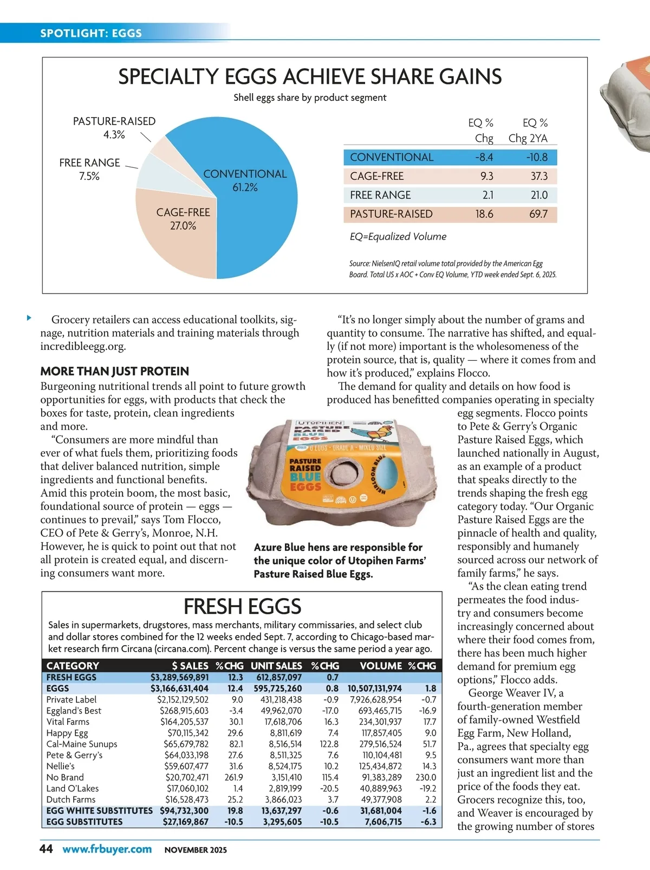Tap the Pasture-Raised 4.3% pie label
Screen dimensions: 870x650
114,128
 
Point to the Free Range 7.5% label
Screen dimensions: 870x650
89,169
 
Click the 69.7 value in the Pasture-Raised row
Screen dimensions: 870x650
538,214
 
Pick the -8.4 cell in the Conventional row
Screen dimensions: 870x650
484,157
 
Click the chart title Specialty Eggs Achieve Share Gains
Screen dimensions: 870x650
310,77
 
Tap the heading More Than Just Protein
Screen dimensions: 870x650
114,371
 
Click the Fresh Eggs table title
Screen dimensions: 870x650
242,606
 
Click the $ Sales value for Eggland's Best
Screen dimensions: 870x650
184,711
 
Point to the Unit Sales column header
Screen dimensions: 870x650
276,666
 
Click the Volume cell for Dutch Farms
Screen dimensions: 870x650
381,800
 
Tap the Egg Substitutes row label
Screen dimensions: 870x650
84,822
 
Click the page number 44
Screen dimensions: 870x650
47,849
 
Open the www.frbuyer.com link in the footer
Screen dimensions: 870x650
107,849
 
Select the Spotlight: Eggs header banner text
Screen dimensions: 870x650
91,33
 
